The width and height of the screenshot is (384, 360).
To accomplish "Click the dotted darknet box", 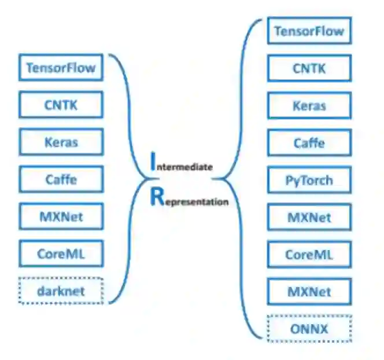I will point(61,291).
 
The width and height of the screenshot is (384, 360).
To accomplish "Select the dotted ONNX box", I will point(309,329).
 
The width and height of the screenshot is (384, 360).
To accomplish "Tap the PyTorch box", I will point(309,180).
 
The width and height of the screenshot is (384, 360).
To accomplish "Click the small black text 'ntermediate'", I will point(185,167).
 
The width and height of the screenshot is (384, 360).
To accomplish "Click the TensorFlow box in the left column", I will point(61,68).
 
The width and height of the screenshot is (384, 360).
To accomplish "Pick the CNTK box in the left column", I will point(61,105).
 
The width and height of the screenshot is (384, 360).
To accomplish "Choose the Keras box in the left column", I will point(61,142).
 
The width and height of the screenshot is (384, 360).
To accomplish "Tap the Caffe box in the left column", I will point(61,179).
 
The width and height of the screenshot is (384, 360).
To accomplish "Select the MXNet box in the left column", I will point(61,216).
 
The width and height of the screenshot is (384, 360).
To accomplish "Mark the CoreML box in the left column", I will point(61,254).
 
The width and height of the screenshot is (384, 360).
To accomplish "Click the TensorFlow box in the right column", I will point(309,31).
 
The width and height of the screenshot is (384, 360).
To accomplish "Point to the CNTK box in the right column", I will point(309,68).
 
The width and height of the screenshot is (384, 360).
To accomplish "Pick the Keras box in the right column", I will point(309,105).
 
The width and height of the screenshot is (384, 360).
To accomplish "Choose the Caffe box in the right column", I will point(309,142).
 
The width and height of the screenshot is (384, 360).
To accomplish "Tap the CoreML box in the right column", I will point(309,254).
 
